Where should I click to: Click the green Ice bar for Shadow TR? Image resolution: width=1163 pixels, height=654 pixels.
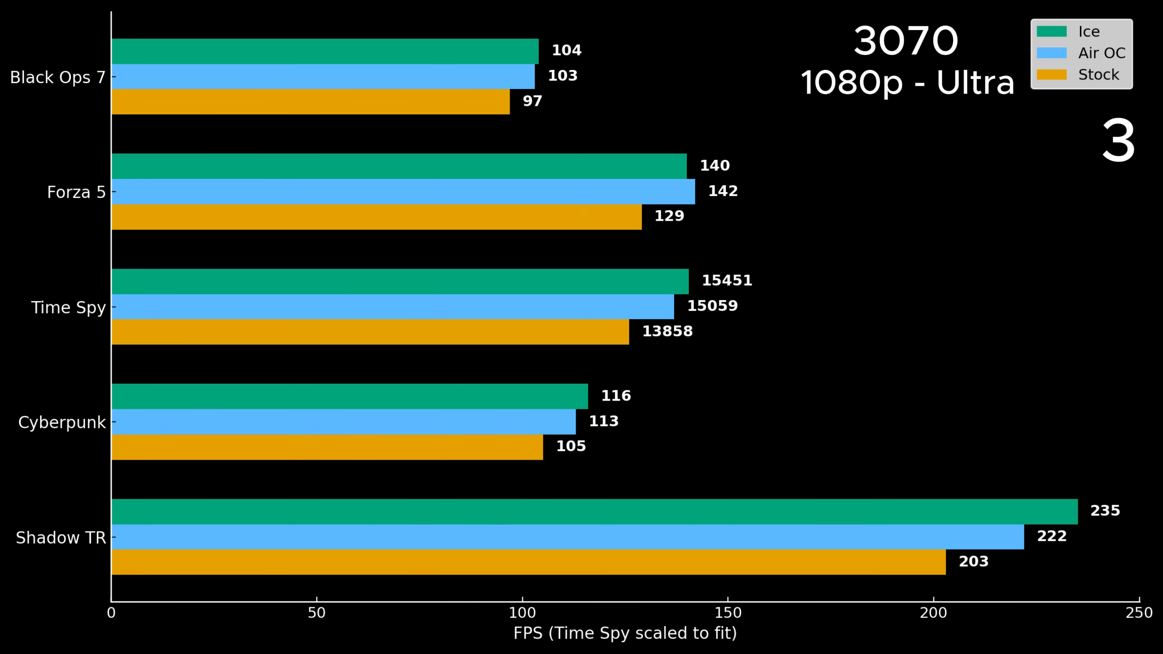coord(594,511)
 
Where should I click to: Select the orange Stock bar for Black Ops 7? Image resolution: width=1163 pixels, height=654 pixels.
coord(310,102)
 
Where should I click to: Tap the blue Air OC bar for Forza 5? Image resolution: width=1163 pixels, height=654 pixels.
coord(403,191)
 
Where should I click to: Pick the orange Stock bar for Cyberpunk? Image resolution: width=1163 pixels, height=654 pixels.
coord(327,447)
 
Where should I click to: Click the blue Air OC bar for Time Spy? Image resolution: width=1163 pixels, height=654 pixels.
coord(393,307)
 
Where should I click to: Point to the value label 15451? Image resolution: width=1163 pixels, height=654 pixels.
coord(727,280)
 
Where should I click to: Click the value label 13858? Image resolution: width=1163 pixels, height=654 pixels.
coord(667,331)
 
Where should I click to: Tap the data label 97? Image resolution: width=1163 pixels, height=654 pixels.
coord(532,101)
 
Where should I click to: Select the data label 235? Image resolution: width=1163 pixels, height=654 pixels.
coord(1105,510)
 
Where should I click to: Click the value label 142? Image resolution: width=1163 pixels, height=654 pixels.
coord(723,191)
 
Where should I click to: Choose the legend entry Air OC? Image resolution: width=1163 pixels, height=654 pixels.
coord(1101,53)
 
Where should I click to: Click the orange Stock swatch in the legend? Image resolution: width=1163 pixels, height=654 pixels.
coord(1051,74)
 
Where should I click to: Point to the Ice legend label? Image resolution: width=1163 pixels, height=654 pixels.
coord(1088,32)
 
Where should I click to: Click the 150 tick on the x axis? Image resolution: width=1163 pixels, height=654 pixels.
coord(728,613)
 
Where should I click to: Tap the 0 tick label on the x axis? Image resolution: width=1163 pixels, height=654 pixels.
coord(111,613)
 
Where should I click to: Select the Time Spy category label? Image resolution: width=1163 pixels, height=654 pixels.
coord(68,307)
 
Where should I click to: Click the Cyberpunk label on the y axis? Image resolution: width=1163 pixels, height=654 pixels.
coord(62,422)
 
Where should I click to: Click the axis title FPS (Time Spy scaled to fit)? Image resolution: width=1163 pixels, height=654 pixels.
coord(625,633)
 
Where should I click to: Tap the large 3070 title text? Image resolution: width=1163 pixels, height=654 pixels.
coord(905,41)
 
